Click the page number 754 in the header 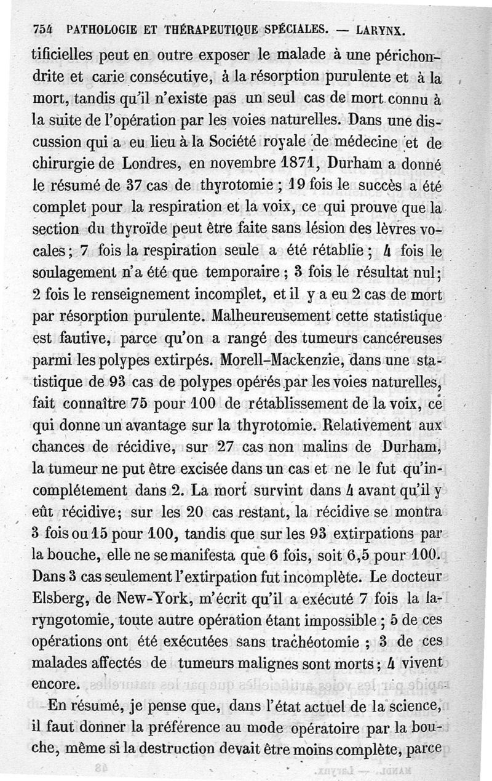[42, 28]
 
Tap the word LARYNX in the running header [381, 28]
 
